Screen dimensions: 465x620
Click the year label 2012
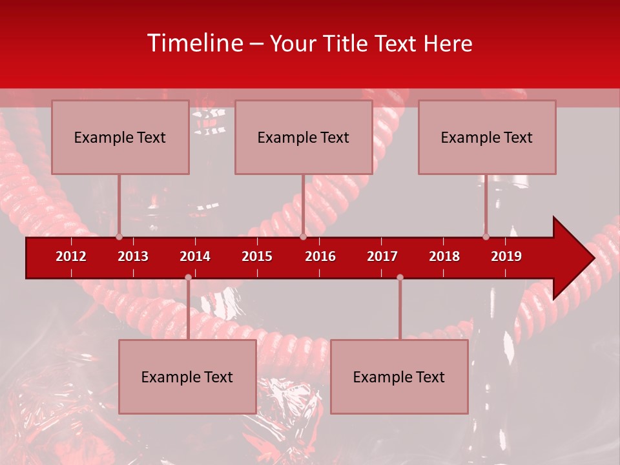pyautogui.click(x=71, y=256)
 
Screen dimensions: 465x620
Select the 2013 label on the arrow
pyautogui.click(x=133, y=256)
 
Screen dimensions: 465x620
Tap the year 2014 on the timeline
pyautogui.click(x=195, y=256)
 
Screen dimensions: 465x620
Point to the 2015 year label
pyautogui.click(x=257, y=256)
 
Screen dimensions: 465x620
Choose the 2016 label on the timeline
pyautogui.click(x=320, y=256)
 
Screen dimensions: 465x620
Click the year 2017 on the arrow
pyautogui.click(x=382, y=256)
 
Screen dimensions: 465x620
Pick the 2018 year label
pyautogui.click(x=444, y=256)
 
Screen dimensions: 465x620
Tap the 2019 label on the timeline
pyautogui.click(x=506, y=256)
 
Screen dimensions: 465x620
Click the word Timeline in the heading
pyautogui.click(x=194, y=43)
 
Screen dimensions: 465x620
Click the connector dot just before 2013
pyautogui.click(x=119, y=237)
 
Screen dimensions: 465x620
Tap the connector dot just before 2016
pyautogui.click(x=303, y=237)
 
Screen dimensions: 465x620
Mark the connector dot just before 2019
pyautogui.click(x=486, y=237)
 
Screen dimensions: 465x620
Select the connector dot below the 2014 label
pyautogui.click(x=188, y=277)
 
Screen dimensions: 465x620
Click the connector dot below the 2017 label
pyautogui.click(x=400, y=277)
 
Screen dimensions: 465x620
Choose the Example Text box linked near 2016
pyautogui.click(x=303, y=137)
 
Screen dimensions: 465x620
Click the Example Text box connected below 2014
pyautogui.click(x=187, y=377)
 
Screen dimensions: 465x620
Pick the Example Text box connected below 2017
pyautogui.click(x=399, y=377)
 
